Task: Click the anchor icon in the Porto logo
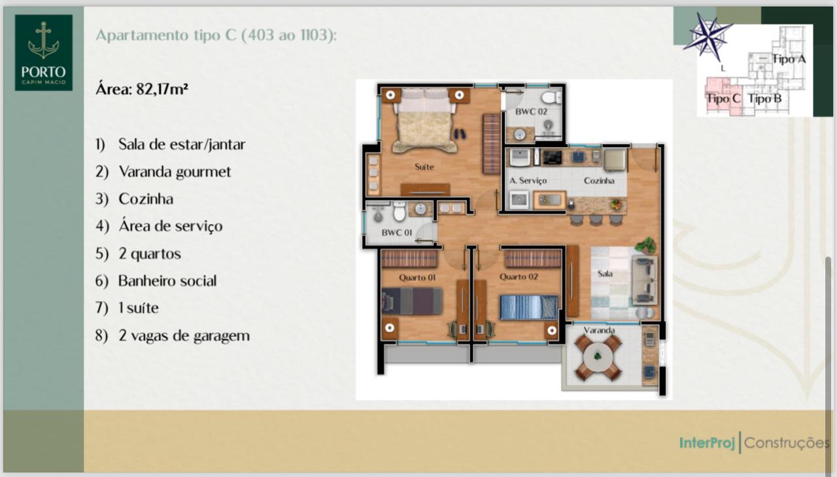pyautogui.click(x=44, y=41)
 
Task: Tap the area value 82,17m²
pyautogui.click(x=162, y=90)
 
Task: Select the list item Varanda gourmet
pyautogui.click(x=175, y=172)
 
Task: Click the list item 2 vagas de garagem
pyautogui.click(x=184, y=336)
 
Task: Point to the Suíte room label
pyautogui.click(x=424, y=167)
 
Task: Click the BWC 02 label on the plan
pyautogui.click(x=531, y=111)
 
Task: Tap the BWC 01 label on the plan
pyautogui.click(x=397, y=233)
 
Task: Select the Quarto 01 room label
pyautogui.click(x=417, y=277)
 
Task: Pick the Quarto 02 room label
pyautogui.click(x=519, y=276)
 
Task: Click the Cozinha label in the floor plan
pyautogui.click(x=599, y=180)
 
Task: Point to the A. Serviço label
pyautogui.click(x=528, y=180)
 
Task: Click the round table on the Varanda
pyautogui.click(x=598, y=357)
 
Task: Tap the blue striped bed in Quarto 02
pyautogui.click(x=529, y=307)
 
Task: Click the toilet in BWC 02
pyautogui.click(x=551, y=97)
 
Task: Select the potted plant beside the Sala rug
pyautogui.click(x=645, y=246)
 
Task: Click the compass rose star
pyautogui.click(x=708, y=37)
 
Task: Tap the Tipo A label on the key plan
pyautogui.click(x=789, y=59)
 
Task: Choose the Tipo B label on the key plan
pyautogui.click(x=764, y=99)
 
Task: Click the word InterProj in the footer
pyautogui.click(x=707, y=443)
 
